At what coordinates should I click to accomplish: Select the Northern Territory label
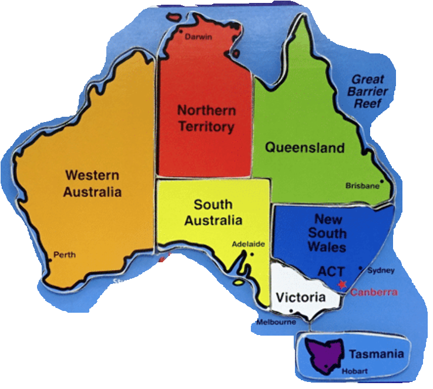206,118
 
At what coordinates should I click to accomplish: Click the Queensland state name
304,147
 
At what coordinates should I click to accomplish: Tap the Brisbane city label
362,186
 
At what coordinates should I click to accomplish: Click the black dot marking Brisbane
382,181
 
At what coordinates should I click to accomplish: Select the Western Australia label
92,183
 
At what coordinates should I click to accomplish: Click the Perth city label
65,255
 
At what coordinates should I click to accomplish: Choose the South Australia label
213,212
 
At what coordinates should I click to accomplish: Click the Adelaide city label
248,243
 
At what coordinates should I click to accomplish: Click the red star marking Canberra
343,284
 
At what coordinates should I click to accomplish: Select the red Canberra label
374,292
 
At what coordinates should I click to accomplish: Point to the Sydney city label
381,270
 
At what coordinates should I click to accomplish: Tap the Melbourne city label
276,322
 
